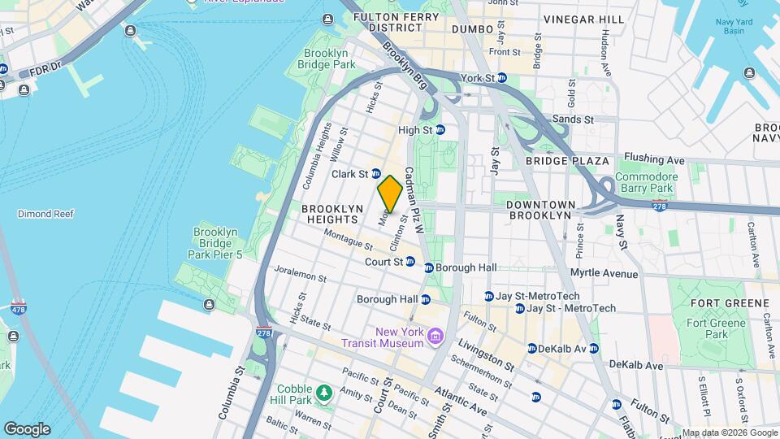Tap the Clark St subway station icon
376,173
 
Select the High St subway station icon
440,129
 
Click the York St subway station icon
502,78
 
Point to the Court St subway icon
410,262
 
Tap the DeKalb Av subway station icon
531,348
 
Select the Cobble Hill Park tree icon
324,393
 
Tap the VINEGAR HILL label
584,19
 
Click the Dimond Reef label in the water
45,214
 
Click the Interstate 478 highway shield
19,307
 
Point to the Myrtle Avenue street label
604,273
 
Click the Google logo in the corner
27,428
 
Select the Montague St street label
347,237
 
